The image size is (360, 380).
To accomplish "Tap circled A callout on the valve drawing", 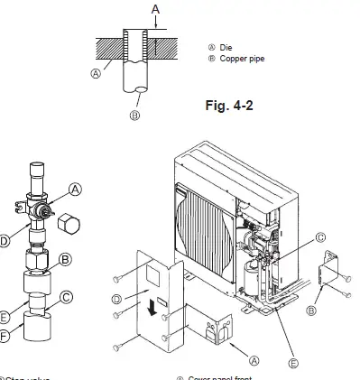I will (75, 189).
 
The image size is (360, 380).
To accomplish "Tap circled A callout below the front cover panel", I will (254, 359).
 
